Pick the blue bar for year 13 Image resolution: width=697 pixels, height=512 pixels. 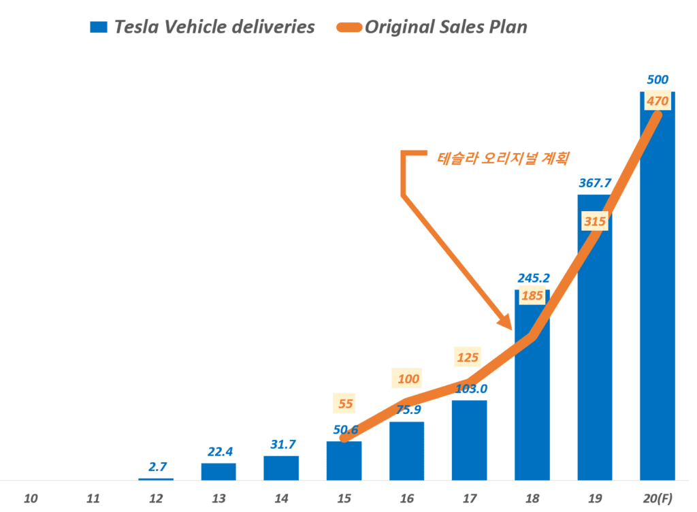218,472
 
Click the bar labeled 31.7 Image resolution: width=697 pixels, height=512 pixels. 281,468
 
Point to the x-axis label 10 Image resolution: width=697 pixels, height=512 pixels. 31,499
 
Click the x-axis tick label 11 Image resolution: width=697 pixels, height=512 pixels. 93,499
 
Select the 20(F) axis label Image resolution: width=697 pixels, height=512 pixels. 658,499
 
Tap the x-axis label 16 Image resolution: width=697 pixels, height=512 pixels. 407,499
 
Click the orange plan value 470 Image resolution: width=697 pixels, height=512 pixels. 658,101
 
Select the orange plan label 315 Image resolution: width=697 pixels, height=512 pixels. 594,221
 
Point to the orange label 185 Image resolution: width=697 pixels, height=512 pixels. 532,296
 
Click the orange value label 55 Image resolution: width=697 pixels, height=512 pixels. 345,403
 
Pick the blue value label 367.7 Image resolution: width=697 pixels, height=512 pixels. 594,182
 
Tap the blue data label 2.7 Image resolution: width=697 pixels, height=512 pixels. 156,466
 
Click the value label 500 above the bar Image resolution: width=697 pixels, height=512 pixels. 658,80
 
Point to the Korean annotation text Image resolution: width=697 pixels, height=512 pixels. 503,158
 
